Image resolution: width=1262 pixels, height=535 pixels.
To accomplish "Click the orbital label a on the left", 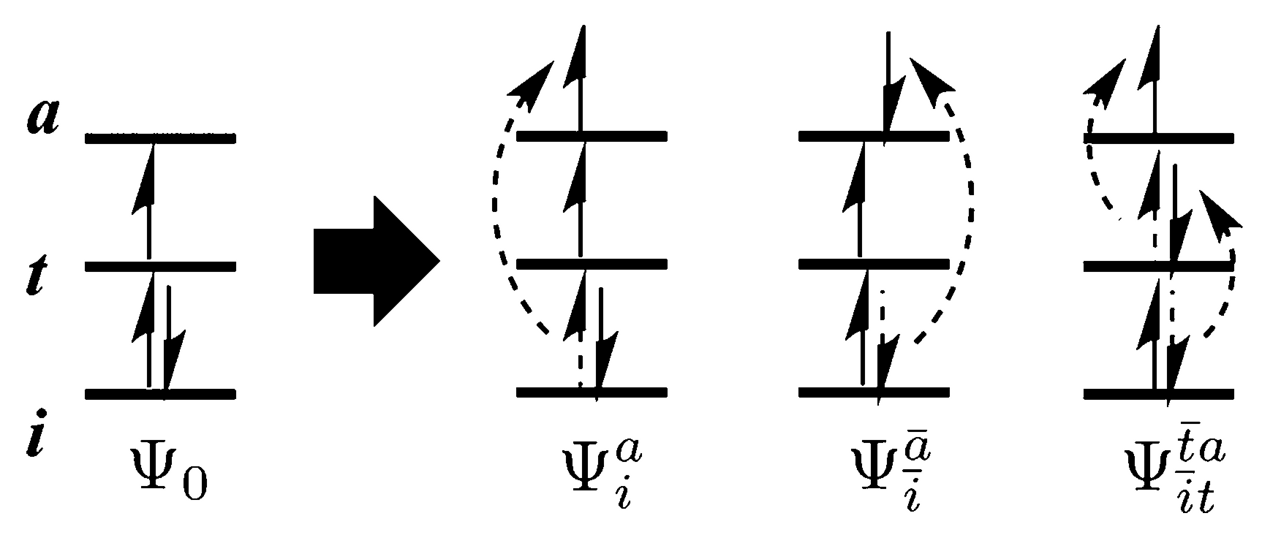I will point(42,118).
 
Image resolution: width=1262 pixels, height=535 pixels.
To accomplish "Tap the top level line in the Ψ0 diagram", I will point(160,137).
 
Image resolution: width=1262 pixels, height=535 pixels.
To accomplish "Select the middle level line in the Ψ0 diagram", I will point(160,265).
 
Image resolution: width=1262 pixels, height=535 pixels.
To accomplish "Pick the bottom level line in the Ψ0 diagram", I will point(160,394).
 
